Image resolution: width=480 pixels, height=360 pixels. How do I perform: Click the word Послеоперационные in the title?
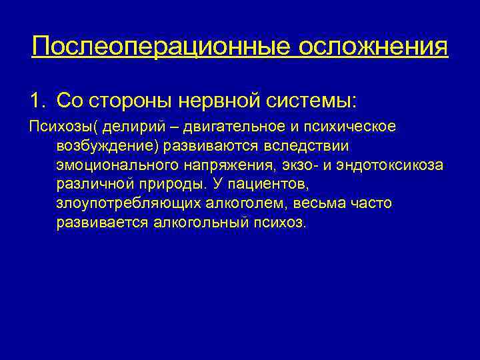[159, 46]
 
